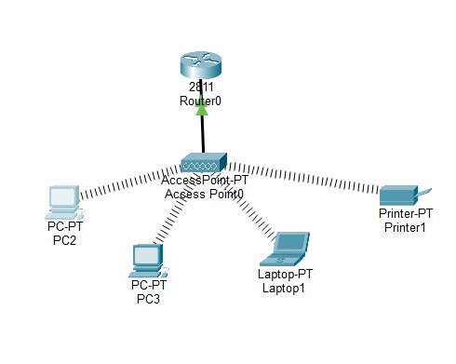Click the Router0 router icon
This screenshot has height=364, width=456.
[201, 64]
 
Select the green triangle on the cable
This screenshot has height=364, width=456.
[202, 109]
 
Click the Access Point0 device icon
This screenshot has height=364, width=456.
[204, 162]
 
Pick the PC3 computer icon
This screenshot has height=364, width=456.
[149, 261]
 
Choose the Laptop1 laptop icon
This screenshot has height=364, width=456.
[285, 249]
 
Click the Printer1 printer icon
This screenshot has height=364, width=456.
[405, 195]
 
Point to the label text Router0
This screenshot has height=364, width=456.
[200, 101]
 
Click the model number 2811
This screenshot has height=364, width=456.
[201, 87]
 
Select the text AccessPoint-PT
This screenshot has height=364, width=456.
[205, 180]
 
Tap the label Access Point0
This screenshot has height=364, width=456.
[204, 194]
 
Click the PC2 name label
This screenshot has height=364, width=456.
[64, 240]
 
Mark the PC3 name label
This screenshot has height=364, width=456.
[148, 299]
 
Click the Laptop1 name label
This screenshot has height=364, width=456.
[284, 288]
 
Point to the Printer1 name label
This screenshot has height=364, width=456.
[405, 227]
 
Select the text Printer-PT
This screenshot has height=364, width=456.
[406, 213]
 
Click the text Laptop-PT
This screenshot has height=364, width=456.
[285, 274]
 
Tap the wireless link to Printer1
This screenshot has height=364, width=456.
[303, 177]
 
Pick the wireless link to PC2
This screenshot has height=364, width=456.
[130, 182]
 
